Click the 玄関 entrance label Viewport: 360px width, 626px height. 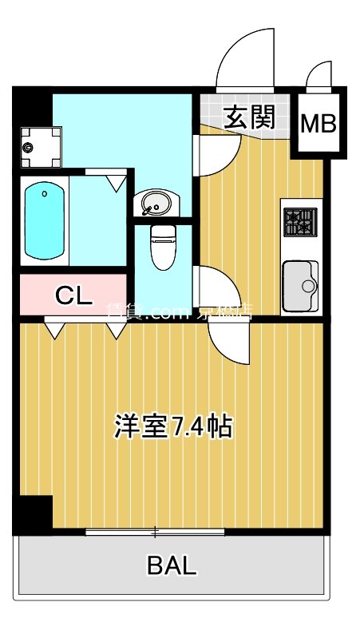click(x=249, y=117)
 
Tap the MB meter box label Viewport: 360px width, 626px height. click(x=318, y=124)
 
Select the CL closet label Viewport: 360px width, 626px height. click(x=72, y=295)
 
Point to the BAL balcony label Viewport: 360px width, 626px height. click(x=171, y=566)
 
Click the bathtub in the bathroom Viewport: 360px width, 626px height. click(x=45, y=221)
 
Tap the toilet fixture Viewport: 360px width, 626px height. click(x=164, y=245)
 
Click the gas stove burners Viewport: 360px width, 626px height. click(x=301, y=222)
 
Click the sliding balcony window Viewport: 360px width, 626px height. click(x=155, y=532)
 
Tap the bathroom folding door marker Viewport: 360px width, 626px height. click(x=117, y=182)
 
